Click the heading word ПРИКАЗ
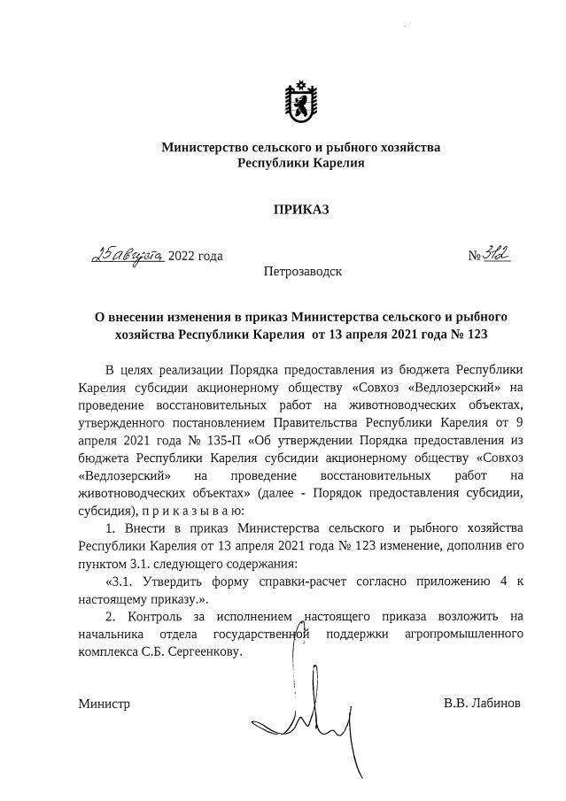(x=300, y=210)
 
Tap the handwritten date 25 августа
(x=128, y=255)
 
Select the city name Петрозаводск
(x=302, y=271)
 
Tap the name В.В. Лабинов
(x=482, y=704)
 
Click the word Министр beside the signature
(x=104, y=705)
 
